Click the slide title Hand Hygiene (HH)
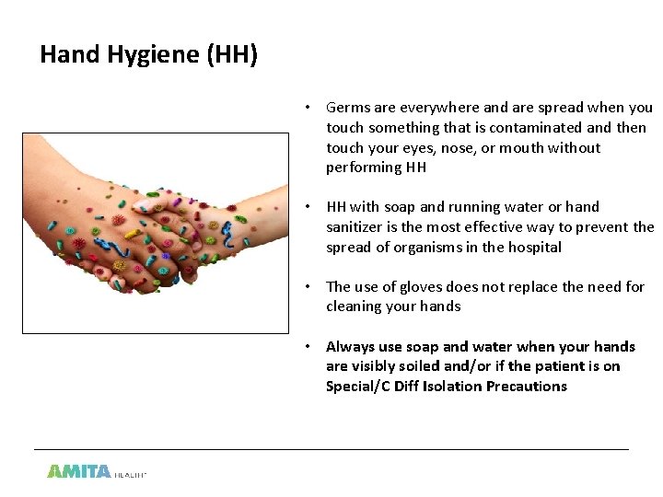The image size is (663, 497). pos(149,55)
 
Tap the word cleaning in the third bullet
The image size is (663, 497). pos(355,306)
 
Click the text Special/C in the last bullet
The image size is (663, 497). pos(357,387)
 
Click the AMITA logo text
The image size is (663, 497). pos(79,470)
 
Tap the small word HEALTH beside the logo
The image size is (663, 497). pos(131,474)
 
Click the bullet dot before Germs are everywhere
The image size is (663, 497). pos(312,108)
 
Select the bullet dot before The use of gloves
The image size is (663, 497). pos(312,287)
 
